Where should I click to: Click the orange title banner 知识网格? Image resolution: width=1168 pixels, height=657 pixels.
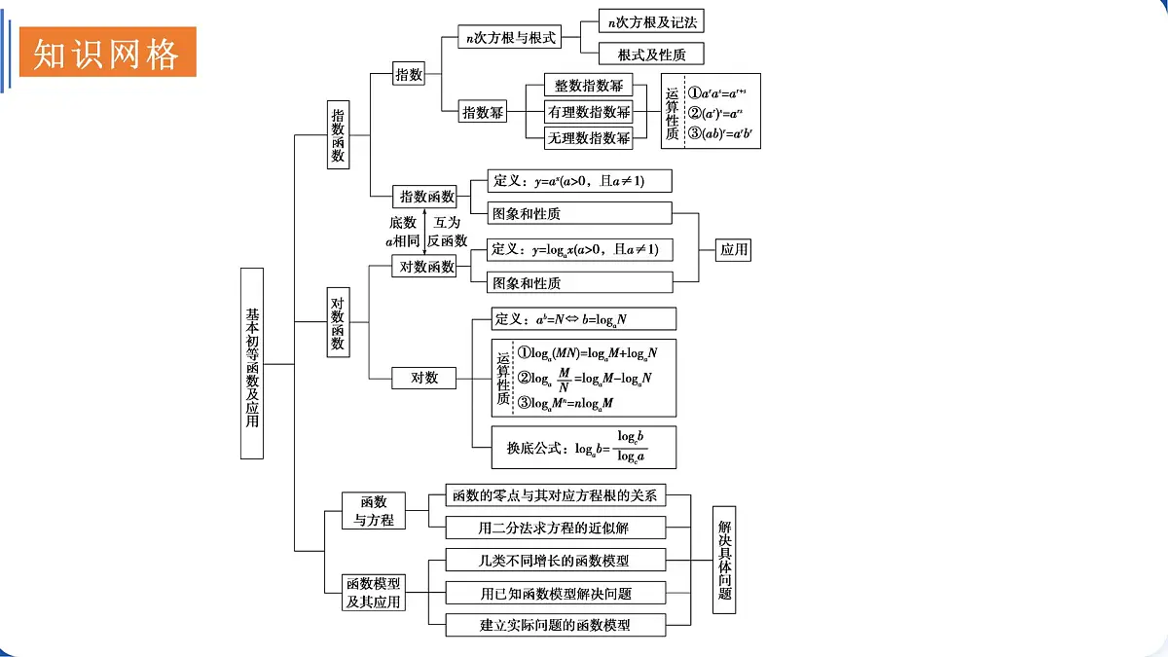(x=106, y=53)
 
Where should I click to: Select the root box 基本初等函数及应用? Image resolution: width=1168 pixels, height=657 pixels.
(x=252, y=364)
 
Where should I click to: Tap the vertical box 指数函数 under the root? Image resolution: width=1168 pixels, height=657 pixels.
(x=338, y=135)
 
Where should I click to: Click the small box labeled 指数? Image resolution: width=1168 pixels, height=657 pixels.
(x=409, y=74)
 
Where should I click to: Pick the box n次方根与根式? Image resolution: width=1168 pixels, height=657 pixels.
(x=512, y=38)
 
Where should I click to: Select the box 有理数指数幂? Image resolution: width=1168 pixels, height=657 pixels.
(x=589, y=112)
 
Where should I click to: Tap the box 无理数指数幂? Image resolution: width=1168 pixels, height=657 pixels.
(x=589, y=137)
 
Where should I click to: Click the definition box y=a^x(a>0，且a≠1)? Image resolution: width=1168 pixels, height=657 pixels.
(x=570, y=181)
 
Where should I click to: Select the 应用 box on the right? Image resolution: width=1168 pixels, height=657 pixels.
(x=734, y=249)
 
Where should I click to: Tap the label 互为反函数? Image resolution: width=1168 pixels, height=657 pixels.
(x=448, y=232)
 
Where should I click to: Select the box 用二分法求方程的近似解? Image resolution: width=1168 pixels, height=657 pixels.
(x=556, y=529)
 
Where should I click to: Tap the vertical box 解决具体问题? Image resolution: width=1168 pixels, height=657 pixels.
(x=724, y=560)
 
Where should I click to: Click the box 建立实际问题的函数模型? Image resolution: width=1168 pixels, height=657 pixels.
(x=556, y=625)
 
